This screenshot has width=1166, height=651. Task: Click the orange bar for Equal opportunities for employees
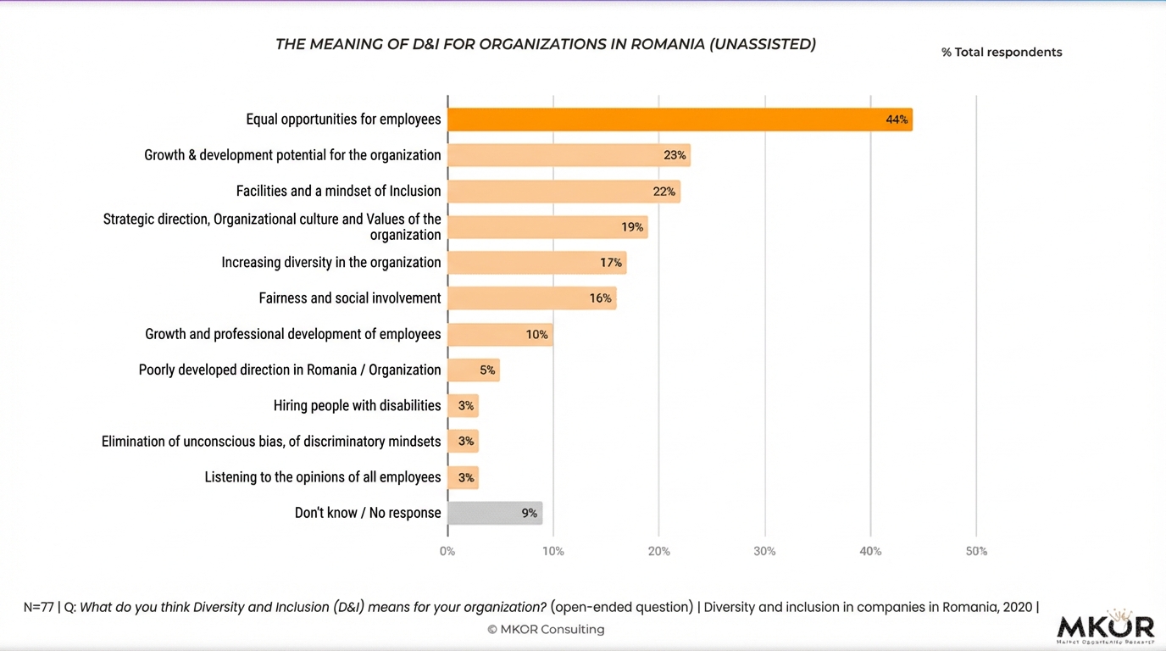(x=678, y=120)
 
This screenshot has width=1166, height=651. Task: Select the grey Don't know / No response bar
(x=494, y=513)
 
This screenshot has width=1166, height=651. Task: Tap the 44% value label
(x=897, y=120)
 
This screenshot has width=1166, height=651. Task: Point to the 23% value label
(x=675, y=155)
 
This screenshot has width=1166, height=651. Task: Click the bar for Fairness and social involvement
(x=530, y=298)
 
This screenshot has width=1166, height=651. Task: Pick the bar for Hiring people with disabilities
(x=463, y=406)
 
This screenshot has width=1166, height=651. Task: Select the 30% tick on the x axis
(x=764, y=551)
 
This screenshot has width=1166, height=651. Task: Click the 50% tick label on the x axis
(x=976, y=551)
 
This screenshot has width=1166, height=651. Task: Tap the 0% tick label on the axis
(x=447, y=551)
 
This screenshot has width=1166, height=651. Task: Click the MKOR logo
(x=1105, y=628)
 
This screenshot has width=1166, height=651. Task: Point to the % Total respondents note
(x=1002, y=53)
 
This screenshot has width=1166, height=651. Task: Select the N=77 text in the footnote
(x=38, y=607)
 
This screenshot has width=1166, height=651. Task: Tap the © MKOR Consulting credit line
(x=546, y=629)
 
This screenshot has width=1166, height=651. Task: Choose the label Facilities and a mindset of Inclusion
(x=338, y=191)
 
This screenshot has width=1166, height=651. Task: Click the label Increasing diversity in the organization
(x=330, y=263)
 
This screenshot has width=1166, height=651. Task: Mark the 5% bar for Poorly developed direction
(x=473, y=370)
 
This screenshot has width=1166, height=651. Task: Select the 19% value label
(x=631, y=227)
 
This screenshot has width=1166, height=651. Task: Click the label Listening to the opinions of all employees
(x=322, y=477)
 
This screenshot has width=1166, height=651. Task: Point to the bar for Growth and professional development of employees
(x=499, y=335)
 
